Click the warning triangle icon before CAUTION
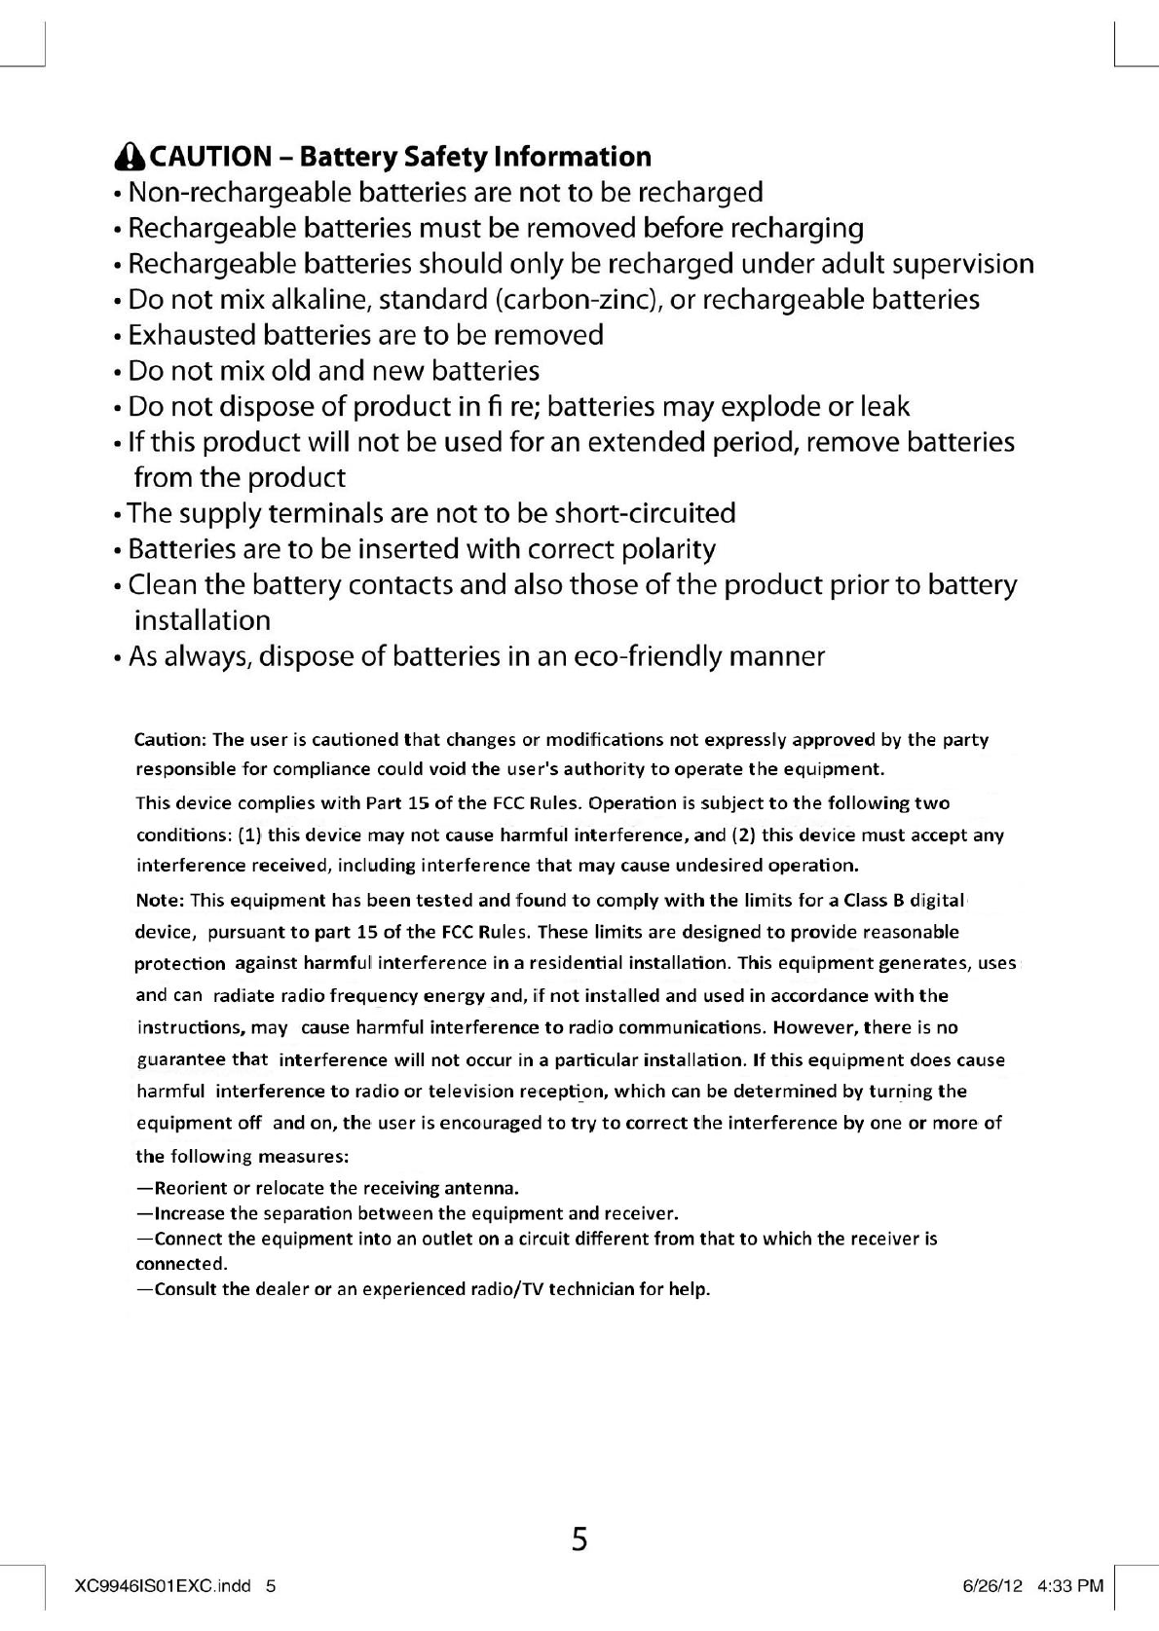coord(127,157)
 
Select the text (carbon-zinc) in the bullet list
coord(579,299)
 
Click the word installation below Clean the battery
coord(202,620)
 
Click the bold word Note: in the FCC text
coord(160,900)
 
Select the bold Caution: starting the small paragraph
coord(169,740)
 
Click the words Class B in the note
coord(875,900)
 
